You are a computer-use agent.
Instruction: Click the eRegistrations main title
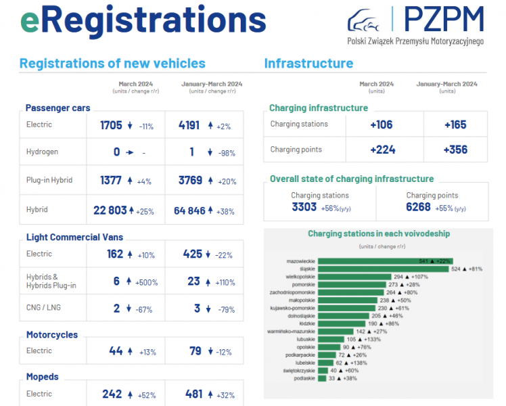(x=143, y=21)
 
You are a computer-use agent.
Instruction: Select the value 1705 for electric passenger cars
(x=111, y=125)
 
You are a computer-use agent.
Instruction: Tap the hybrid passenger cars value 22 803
(x=110, y=210)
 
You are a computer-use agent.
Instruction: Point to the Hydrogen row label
(x=42, y=152)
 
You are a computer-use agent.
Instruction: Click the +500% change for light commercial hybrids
(x=149, y=281)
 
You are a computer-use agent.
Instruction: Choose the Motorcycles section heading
(x=52, y=335)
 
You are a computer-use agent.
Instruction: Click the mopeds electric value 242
(x=111, y=394)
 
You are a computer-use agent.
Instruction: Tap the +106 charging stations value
(x=383, y=125)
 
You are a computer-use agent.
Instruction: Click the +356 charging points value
(x=455, y=150)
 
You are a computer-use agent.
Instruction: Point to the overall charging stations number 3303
(x=304, y=208)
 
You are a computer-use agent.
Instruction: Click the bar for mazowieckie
(x=384, y=261)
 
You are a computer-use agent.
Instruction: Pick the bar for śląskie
(x=382, y=269)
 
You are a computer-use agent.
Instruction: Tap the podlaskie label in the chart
(x=304, y=378)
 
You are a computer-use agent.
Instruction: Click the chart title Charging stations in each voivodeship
(x=379, y=234)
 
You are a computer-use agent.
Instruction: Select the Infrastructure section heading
(x=308, y=64)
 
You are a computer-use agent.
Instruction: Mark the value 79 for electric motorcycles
(x=195, y=351)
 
